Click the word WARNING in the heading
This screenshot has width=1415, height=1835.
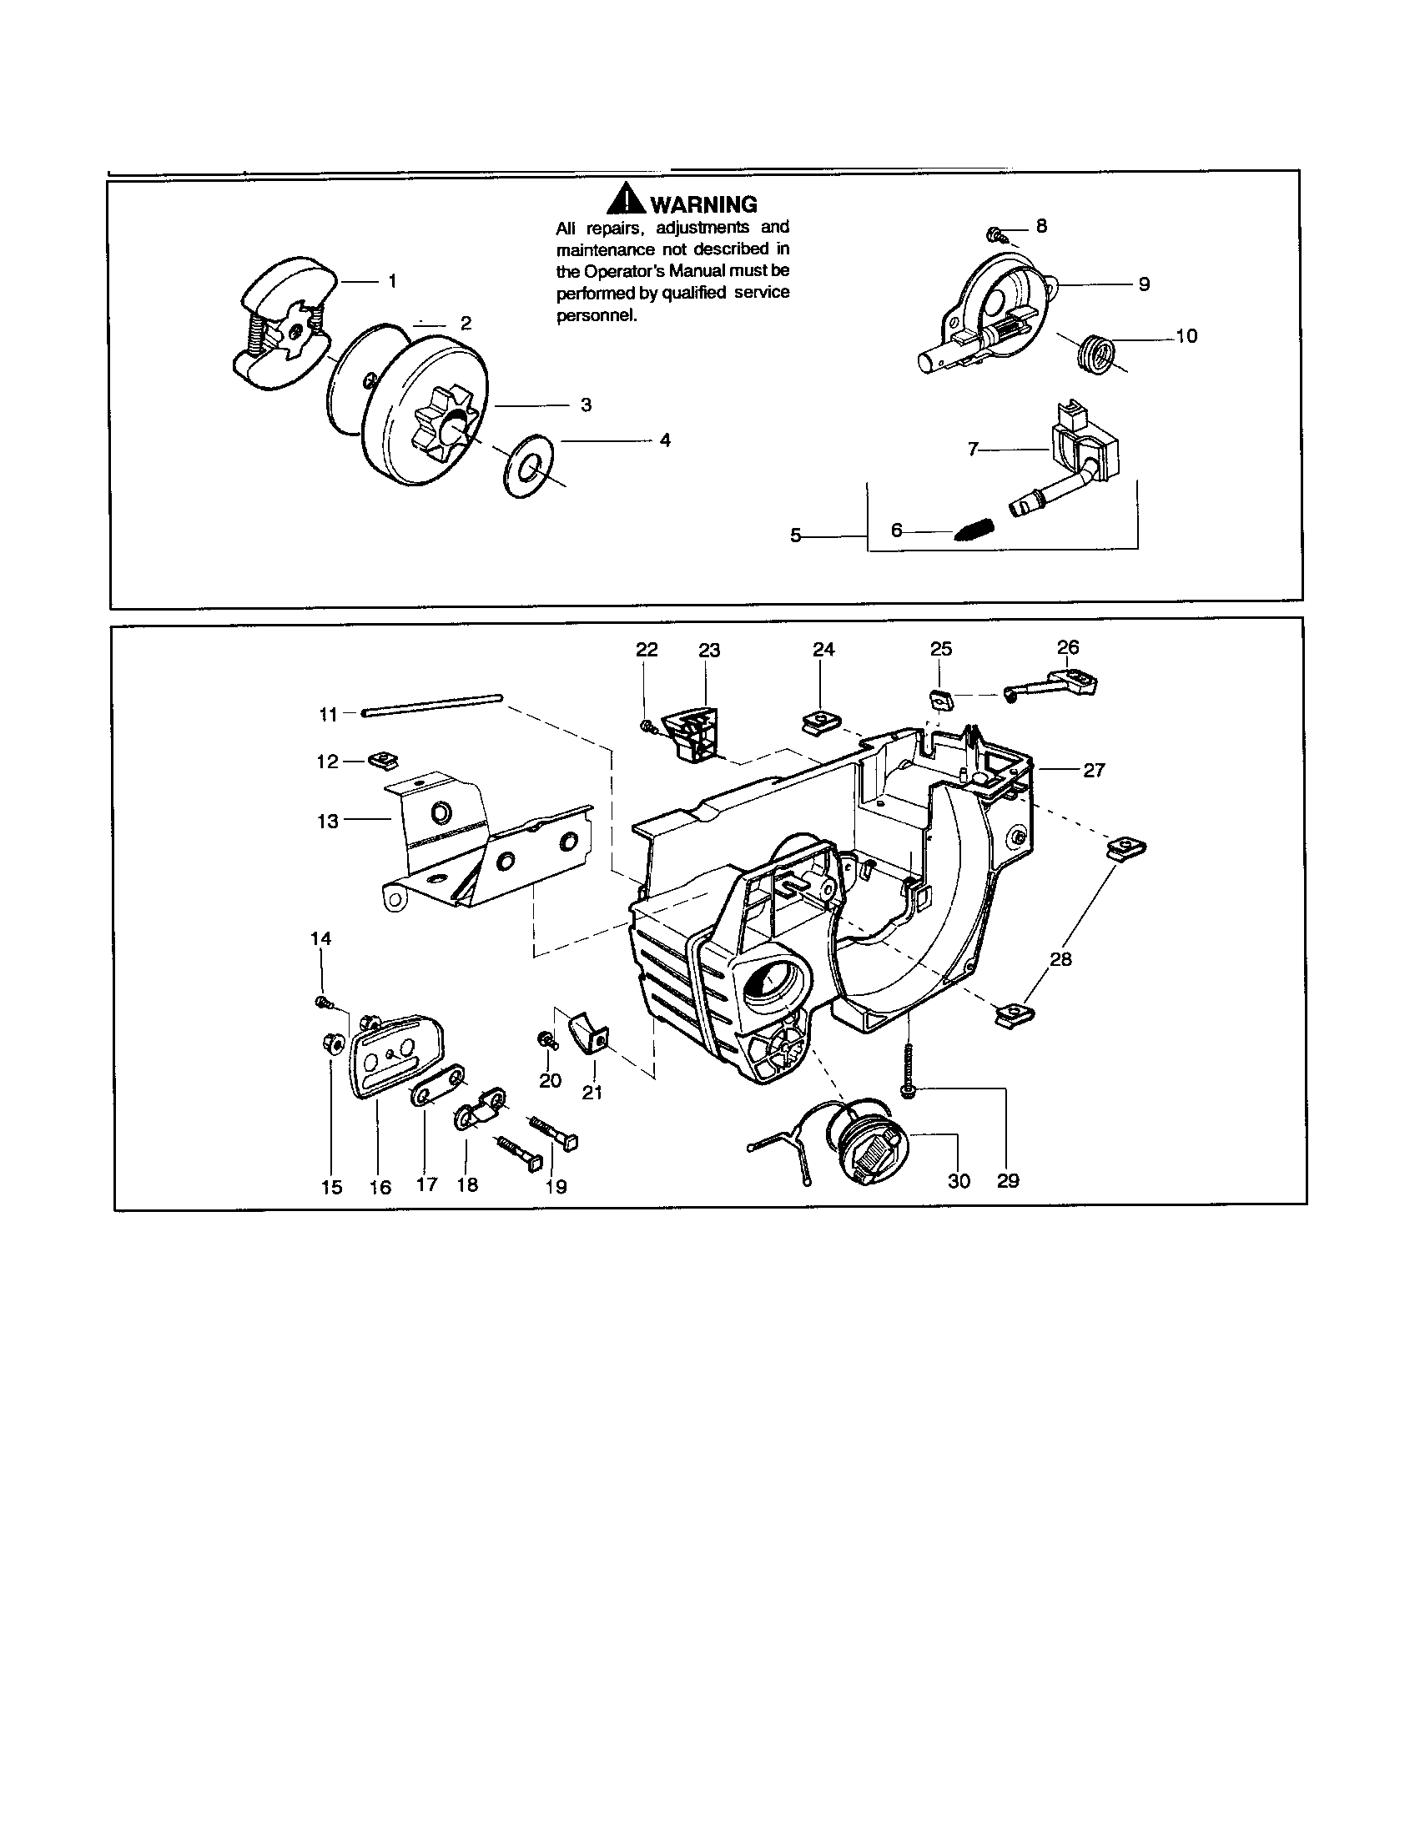tap(704, 204)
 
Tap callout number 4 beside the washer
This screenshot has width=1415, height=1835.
tap(665, 440)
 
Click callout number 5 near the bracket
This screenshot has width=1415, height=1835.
tap(796, 535)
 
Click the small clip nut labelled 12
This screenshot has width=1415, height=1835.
tap(383, 760)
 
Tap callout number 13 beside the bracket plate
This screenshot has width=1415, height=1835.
tap(328, 821)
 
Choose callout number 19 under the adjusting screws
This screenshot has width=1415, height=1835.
tap(556, 1186)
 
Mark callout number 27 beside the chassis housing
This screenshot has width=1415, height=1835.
tap(1093, 770)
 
